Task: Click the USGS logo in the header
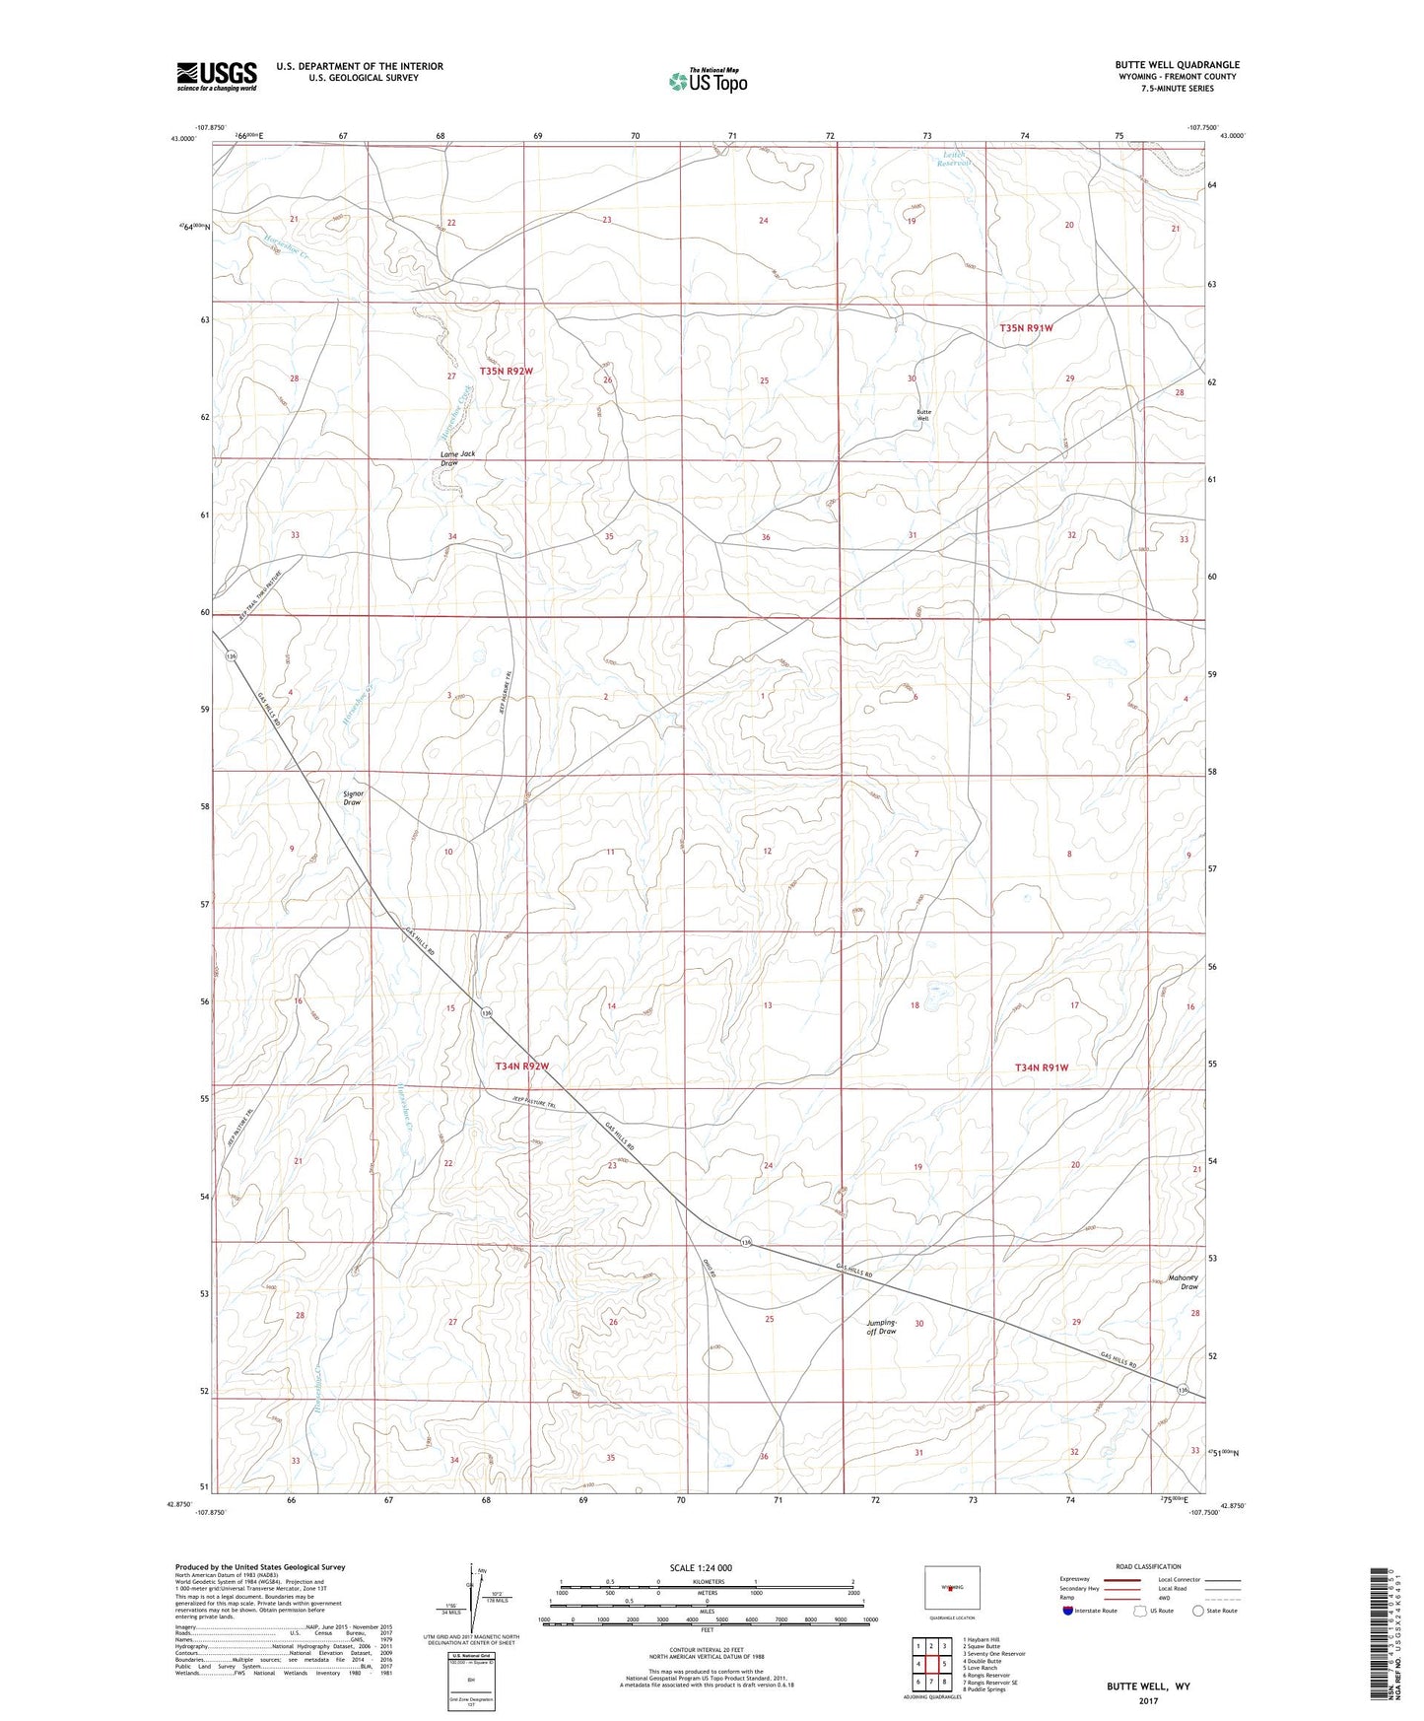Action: [x=216, y=76]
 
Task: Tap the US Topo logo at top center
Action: [x=707, y=81]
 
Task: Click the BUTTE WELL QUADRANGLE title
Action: [x=1173, y=64]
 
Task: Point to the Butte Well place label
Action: [x=923, y=415]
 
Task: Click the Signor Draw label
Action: [x=352, y=797]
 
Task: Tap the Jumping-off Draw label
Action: [x=881, y=1327]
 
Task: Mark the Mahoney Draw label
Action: [x=1183, y=1282]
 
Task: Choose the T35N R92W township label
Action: [x=506, y=371]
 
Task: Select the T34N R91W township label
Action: [x=1042, y=1067]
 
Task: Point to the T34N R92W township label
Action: [x=521, y=1067]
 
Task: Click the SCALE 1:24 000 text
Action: [x=700, y=1567]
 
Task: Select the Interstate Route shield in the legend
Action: [x=1068, y=1611]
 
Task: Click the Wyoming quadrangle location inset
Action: [x=952, y=1589]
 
